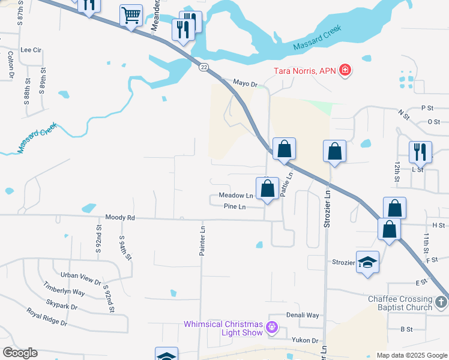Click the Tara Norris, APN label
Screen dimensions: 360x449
tap(304, 71)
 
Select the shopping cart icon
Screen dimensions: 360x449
tap(131, 16)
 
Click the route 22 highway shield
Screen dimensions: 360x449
tap(204, 68)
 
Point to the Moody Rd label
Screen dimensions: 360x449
tap(120, 217)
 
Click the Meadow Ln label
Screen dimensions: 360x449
tap(236, 196)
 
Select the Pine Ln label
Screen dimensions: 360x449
tap(235, 207)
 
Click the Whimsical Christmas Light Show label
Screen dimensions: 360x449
tap(223, 328)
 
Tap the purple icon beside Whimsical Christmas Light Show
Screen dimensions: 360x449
tap(271, 328)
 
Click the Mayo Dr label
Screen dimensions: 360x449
tap(245, 83)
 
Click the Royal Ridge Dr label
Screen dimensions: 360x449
tap(47, 316)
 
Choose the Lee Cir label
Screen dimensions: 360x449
tap(31, 50)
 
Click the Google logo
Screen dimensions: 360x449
tap(20, 353)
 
